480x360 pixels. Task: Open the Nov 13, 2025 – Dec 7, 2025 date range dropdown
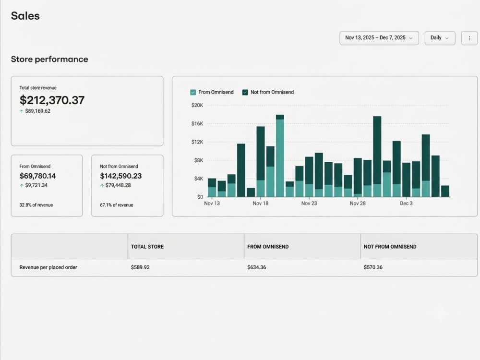tap(379, 38)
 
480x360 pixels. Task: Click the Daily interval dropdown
tap(440, 38)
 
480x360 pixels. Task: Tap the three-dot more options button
tap(469, 38)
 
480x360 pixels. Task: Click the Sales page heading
tap(25, 16)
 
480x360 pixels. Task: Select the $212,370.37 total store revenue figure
tap(52, 100)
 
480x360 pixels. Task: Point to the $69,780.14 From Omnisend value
tap(37, 176)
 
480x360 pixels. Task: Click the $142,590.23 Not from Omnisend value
tap(121, 176)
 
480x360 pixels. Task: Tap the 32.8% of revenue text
tap(36, 205)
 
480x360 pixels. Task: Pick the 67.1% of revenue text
tap(117, 205)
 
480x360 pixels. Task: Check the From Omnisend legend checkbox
tap(193, 92)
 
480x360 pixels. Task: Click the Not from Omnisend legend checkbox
tap(245, 92)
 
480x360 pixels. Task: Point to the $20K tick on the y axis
tap(197, 105)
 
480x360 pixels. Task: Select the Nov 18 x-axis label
tap(261, 203)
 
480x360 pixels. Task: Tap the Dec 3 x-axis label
tap(406, 203)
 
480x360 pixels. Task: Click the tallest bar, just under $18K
tap(280, 156)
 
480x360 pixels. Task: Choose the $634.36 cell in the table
tap(256, 267)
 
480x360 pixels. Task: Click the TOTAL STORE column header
tap(147, 247)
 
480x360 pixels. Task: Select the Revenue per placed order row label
tap(48, 267)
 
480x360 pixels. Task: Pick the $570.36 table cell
tap(373, 267)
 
